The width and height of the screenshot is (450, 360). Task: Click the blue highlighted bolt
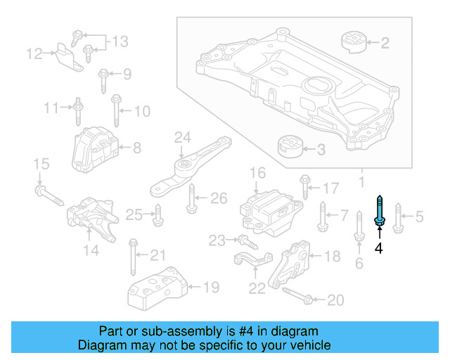(380, 212)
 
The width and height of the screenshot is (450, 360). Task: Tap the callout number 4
(378, 248)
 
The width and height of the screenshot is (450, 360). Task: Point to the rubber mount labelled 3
(289, 148)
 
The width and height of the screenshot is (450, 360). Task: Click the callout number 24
(183, 136)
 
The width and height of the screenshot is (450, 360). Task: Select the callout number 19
(211, 287)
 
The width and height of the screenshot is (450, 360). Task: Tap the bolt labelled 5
(397, 217)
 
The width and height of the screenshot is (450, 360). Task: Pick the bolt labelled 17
(304, 186)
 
